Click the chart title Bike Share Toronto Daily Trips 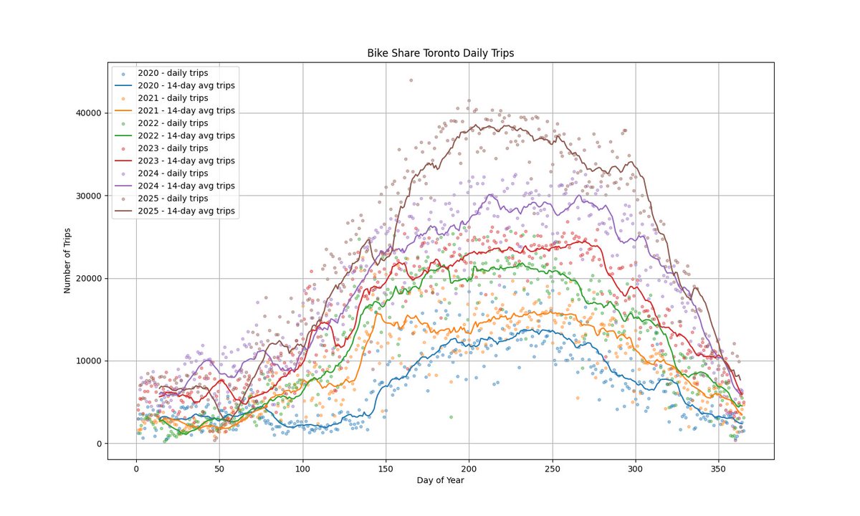pos(441,53)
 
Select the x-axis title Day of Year pos(440,480)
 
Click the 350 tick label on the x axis pos(719,468)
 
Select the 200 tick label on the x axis pos(469,468)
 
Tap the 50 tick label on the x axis pos(219,468)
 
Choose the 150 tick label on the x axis pos(386,468)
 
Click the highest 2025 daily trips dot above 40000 pos(411,80)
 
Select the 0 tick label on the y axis pos(100,444)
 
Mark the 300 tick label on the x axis pos(635,468)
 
